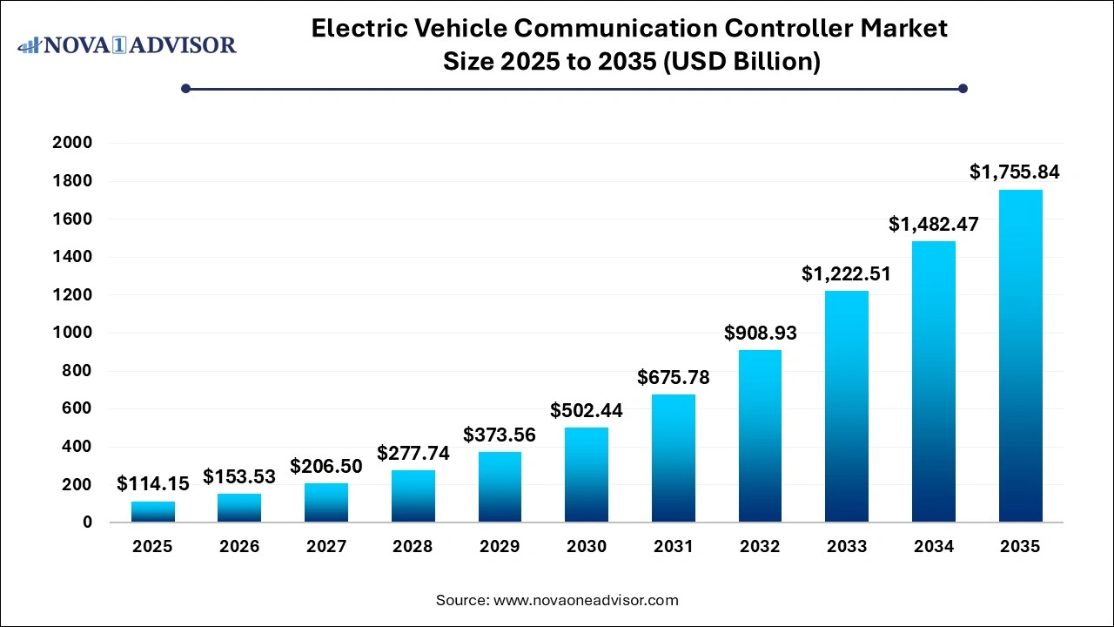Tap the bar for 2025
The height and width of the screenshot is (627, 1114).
(153, 511)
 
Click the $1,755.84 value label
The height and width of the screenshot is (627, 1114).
(1015, 172)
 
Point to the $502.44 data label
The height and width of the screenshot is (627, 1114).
(586, 410)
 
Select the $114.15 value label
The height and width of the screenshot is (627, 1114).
(152, 483)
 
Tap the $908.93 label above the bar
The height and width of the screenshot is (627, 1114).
(760, 333)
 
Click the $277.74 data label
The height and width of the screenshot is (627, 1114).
(413, 453)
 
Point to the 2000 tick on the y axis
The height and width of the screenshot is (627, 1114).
(73, 143)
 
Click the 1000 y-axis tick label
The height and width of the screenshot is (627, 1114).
(73, 333)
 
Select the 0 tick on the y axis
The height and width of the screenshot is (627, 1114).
(87, 522)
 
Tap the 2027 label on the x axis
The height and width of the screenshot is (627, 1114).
(326, 547)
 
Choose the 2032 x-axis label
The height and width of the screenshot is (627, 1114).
(760, 547)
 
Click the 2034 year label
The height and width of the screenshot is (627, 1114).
(933, 547)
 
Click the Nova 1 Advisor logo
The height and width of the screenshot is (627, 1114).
(127, 44)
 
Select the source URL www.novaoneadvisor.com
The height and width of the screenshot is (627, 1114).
(586, 600)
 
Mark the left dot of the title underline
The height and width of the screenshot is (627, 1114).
(185, 88)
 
